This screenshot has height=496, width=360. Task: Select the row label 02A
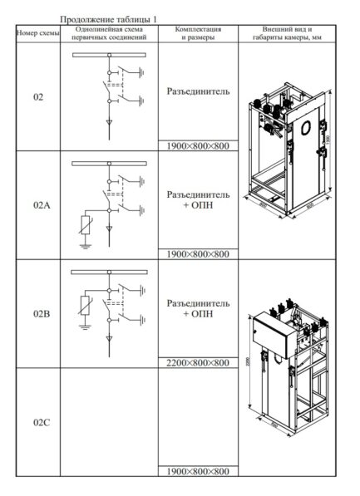pyautogui.click(x=38, y=205)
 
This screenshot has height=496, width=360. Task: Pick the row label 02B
pyautogui.click(x=38, y=315)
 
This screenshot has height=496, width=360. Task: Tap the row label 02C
pyautogui.click(x=38, y=423)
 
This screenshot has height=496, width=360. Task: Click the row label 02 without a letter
pyautogui.click(x=38, y=97)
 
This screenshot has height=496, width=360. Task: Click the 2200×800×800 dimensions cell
pyautogui.click(x=197, y=363)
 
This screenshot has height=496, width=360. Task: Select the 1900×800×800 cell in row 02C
pyautogui.click(x=197, y=472)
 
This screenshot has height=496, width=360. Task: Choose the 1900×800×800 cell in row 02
pyautogui.click(x=197, y=145)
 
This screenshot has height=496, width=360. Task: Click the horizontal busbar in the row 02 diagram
pyautogui.click(x=108, y=55)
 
